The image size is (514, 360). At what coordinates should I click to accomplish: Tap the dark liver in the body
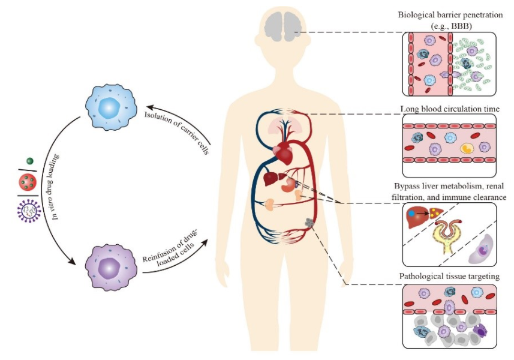(273, 180)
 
